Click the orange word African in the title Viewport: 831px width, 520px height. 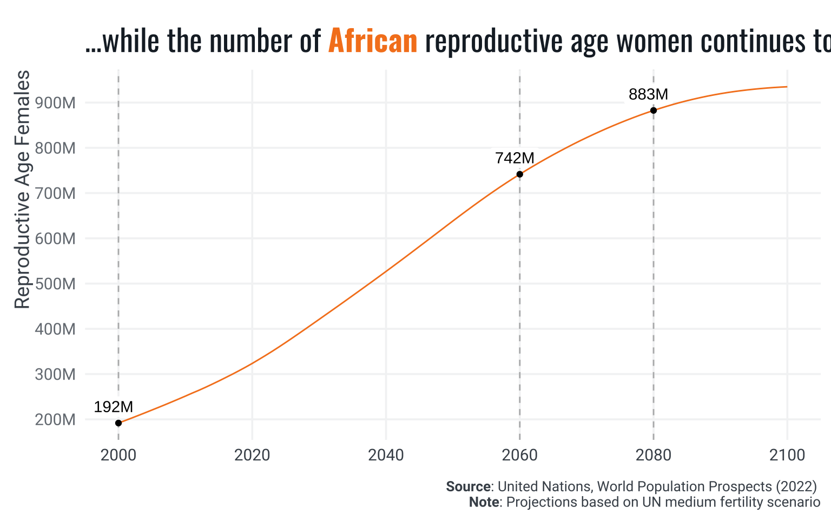coord(373,41)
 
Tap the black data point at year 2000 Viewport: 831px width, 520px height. coord(118,423)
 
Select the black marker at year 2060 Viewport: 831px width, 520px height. coord(520,174)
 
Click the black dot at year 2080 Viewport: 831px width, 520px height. coord(654,110)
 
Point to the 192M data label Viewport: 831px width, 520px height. coord(113,407)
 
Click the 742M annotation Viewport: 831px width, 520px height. coord(515,158)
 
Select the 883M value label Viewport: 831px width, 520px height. coord(648,94)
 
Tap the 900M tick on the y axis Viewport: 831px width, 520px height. coord(55,103)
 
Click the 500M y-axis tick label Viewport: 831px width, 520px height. coord(55,284)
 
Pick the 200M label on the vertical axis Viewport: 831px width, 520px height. coord(55,420)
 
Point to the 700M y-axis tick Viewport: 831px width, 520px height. coord(55,193)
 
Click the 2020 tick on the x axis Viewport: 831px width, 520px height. coord(252,456)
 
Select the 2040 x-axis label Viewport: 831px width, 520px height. coord(386,456)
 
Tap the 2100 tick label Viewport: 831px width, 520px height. coord(787,456)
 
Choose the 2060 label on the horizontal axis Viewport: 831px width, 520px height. coord(520,456)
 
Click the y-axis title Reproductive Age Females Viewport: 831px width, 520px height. coord(22,190)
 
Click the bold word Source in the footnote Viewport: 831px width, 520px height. coord(469,486)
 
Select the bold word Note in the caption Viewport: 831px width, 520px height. coord(484,502)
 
